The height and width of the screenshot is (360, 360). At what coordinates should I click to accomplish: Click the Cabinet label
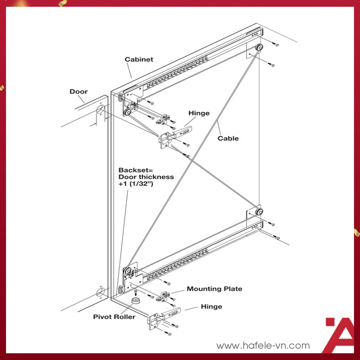point(139,59)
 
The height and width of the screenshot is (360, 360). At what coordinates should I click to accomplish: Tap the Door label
point(78,91)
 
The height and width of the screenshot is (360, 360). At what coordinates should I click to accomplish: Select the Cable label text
point(228,138)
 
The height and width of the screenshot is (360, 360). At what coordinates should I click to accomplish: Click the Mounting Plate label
point(214,289)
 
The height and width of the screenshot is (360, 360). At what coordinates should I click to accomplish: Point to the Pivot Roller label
point(114,317)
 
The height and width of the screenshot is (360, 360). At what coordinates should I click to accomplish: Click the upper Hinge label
point(199,113)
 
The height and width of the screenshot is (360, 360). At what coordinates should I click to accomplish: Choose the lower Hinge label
point(211,307)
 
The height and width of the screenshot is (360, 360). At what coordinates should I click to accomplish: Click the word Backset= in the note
point(133,169)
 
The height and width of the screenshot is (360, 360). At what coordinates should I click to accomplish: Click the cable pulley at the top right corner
point(259,48)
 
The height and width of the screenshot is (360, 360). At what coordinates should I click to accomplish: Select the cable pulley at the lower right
point(258,211)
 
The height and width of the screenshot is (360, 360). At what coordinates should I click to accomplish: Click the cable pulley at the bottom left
point(128,270)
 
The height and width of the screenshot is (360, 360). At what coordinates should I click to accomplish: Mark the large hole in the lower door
point(100,292)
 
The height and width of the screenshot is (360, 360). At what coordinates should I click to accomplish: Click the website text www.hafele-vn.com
point(263,345)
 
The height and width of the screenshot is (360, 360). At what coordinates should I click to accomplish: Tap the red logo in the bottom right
point(339,334)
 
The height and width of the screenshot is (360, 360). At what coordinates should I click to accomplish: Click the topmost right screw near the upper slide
point(277,45)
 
